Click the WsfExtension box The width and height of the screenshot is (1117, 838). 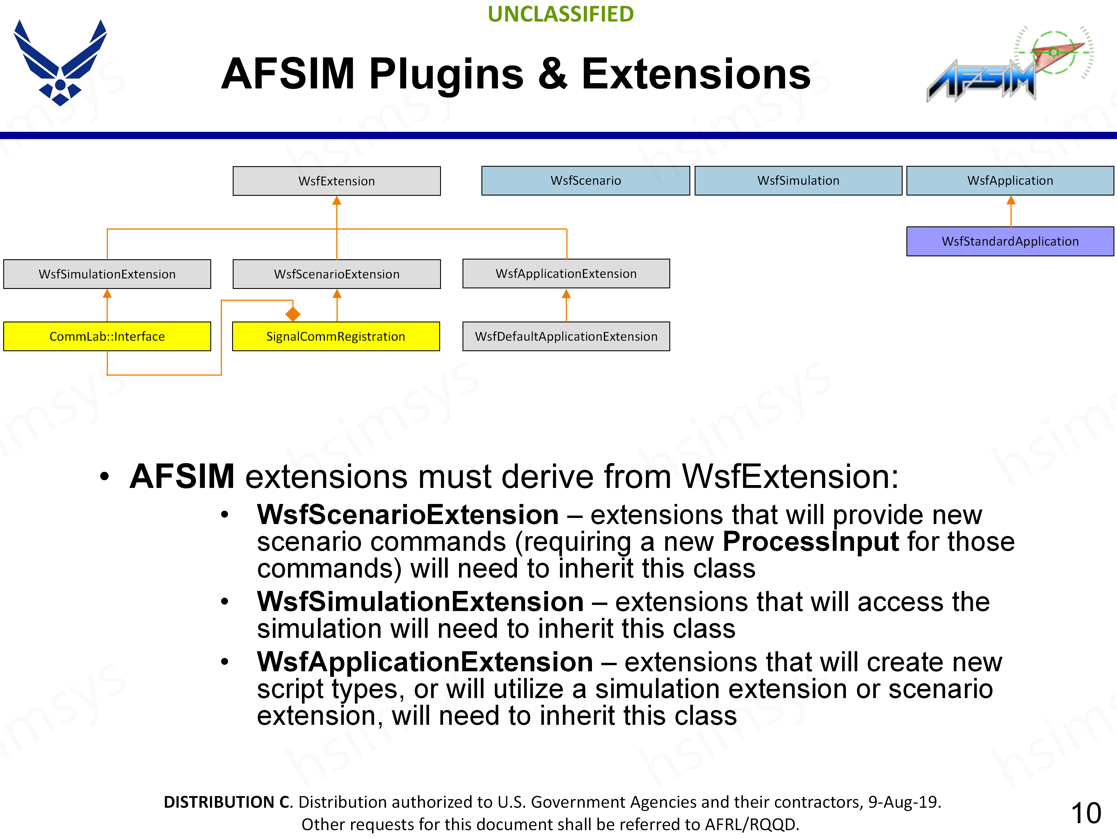pyautogui.click(x=336, y=181)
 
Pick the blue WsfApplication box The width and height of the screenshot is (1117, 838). pyautogui.click(x=1010, y=180)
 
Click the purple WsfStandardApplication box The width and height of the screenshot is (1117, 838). pyautogui.click(x=1010, y=242)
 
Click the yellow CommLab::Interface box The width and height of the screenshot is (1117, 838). pyautogui.click(x=107, y=336)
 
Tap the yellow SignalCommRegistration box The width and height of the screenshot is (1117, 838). pyautogui.click(x=336, y=336)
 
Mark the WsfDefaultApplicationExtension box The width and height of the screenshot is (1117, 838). pyautogui.click(x=566, y=336)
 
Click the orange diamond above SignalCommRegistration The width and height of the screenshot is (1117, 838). pyautogui.click(x=293, y=314)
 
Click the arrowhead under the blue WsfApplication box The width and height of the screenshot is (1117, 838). pyautogui.click(x=1011, y=200)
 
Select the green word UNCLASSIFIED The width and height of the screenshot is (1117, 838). pyautogui.click(x=561, y=14)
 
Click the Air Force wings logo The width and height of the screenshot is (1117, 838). pyautogui.click(x=60, y=63)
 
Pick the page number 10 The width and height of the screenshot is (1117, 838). pyautogui.click(x=1086, y=813)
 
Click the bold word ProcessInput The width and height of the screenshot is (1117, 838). pyautogui.click(x=810, y=541)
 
